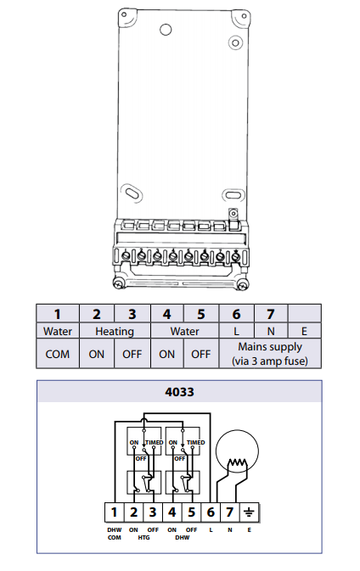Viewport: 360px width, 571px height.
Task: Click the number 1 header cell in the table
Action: point(58,314)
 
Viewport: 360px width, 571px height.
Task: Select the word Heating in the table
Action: point(115,332)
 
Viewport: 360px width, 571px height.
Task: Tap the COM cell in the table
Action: point(58,354)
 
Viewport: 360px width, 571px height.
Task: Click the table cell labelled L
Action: point(237,331)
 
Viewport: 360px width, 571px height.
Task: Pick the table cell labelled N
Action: point(271,331)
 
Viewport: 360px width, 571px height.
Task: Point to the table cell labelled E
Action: point(305,331)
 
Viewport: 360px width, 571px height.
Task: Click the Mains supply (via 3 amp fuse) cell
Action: point(270,354)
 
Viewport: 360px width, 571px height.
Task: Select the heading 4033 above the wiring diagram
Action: point(179,392)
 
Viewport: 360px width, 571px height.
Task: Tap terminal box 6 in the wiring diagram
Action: point(211,512)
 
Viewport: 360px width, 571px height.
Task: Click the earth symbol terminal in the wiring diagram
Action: point(250,512)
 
